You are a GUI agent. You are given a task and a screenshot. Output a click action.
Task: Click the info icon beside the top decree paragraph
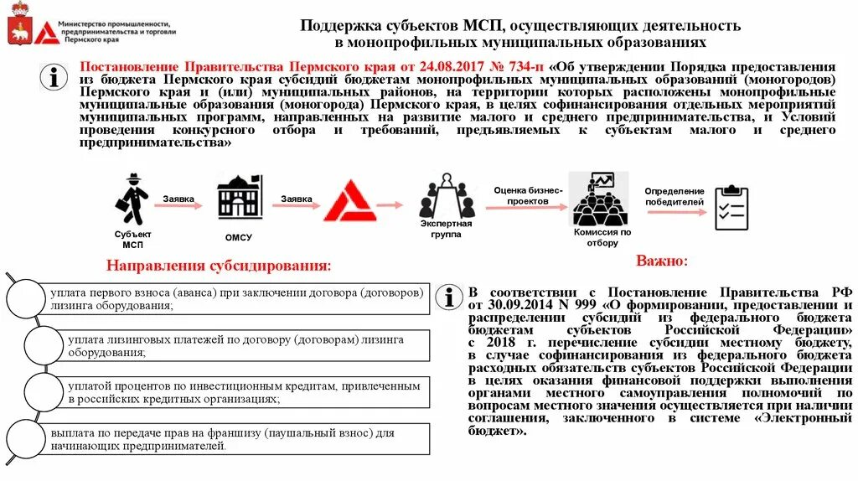54,78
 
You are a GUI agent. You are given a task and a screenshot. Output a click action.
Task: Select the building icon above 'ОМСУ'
239,200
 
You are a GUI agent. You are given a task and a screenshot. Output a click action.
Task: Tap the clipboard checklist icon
731,207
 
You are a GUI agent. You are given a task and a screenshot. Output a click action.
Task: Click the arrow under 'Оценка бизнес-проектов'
525,205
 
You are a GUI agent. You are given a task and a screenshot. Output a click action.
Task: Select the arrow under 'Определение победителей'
675,205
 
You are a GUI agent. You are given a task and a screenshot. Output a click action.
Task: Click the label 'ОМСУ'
239,237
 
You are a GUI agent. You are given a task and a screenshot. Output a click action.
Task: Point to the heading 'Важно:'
662,261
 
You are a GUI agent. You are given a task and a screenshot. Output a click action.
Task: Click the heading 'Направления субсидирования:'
219,266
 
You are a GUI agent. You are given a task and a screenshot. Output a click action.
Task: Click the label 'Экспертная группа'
446,229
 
